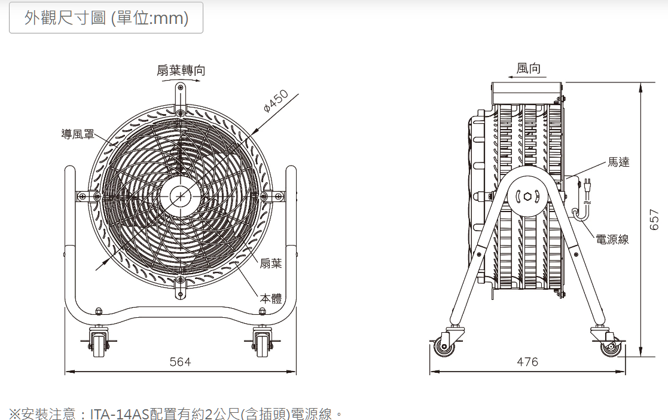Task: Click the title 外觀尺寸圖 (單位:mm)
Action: [106, 19]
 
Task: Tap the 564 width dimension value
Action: [180, 362]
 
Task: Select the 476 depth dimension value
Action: [527, 362]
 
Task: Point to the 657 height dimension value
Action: [654, 219]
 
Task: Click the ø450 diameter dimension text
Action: [276, 102]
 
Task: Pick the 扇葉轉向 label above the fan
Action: [181, 70]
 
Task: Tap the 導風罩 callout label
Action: [78, 134]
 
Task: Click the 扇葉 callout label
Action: [270, 263]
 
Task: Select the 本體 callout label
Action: [270, 298]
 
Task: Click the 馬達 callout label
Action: [618, 162]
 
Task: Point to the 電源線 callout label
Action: [612, 240]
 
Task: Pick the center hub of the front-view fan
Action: [180, 195]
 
